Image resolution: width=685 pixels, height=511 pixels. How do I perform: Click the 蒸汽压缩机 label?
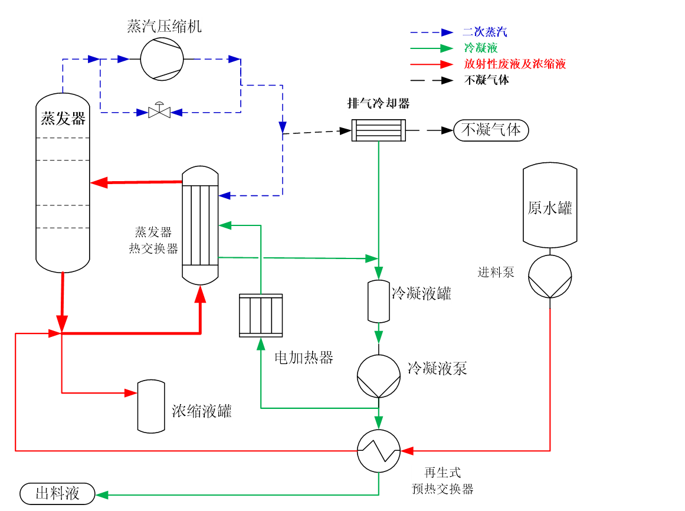(x=164, y=27)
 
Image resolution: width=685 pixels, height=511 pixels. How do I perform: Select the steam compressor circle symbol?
(x=162, y=59)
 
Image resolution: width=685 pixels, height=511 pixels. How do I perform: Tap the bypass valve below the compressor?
(x=159, y=111)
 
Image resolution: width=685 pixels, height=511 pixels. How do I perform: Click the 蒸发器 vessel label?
(x=63, y=119)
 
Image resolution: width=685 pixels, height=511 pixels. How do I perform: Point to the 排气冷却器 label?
(x=378, y=104)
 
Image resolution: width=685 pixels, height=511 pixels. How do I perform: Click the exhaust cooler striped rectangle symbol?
(x=379, y=130)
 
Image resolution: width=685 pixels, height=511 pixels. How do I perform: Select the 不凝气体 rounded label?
(x=491, y=130)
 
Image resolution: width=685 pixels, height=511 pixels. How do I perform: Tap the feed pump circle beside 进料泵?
(x=550, y=277)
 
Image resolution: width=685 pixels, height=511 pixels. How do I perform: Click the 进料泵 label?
(x=496, y=273)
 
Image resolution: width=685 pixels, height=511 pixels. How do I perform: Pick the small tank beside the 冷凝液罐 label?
(x=379, y=302)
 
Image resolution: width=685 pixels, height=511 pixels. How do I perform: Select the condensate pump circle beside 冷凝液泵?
(x=379, y=376)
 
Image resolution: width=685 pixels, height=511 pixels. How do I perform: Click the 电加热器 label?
(x=304, y=358)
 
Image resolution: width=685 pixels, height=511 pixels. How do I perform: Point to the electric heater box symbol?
(x=261, y=316)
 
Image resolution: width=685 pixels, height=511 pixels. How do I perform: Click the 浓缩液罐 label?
(x=202, y=411)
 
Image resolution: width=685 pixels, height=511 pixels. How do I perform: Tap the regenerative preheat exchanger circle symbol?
(x=379, y=451)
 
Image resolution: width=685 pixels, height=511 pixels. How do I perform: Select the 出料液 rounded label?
(x=57, y=494)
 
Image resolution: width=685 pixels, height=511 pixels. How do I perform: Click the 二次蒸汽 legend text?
(x=485, y=32)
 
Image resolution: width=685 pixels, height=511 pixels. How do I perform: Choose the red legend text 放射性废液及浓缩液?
(x=514, y=64)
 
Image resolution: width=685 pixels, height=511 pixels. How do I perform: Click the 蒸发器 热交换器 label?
(x=153, y=240)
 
